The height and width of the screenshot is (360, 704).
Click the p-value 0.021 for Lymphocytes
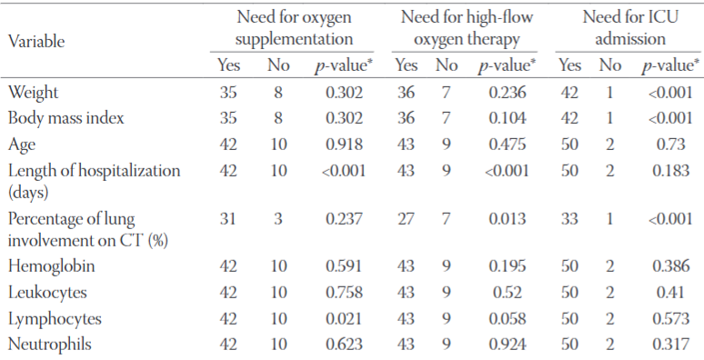345,319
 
